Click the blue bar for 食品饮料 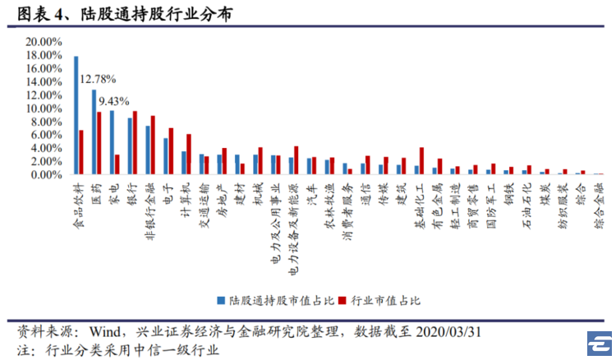tap(76, 115)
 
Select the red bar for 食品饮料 tap(81, 152)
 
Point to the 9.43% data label tap(114, 101)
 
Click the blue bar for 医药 tap(94, 132)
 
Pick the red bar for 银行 tap(135, 143)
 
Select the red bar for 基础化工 tap(421, 161)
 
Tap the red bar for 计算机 tap(189, 154)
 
